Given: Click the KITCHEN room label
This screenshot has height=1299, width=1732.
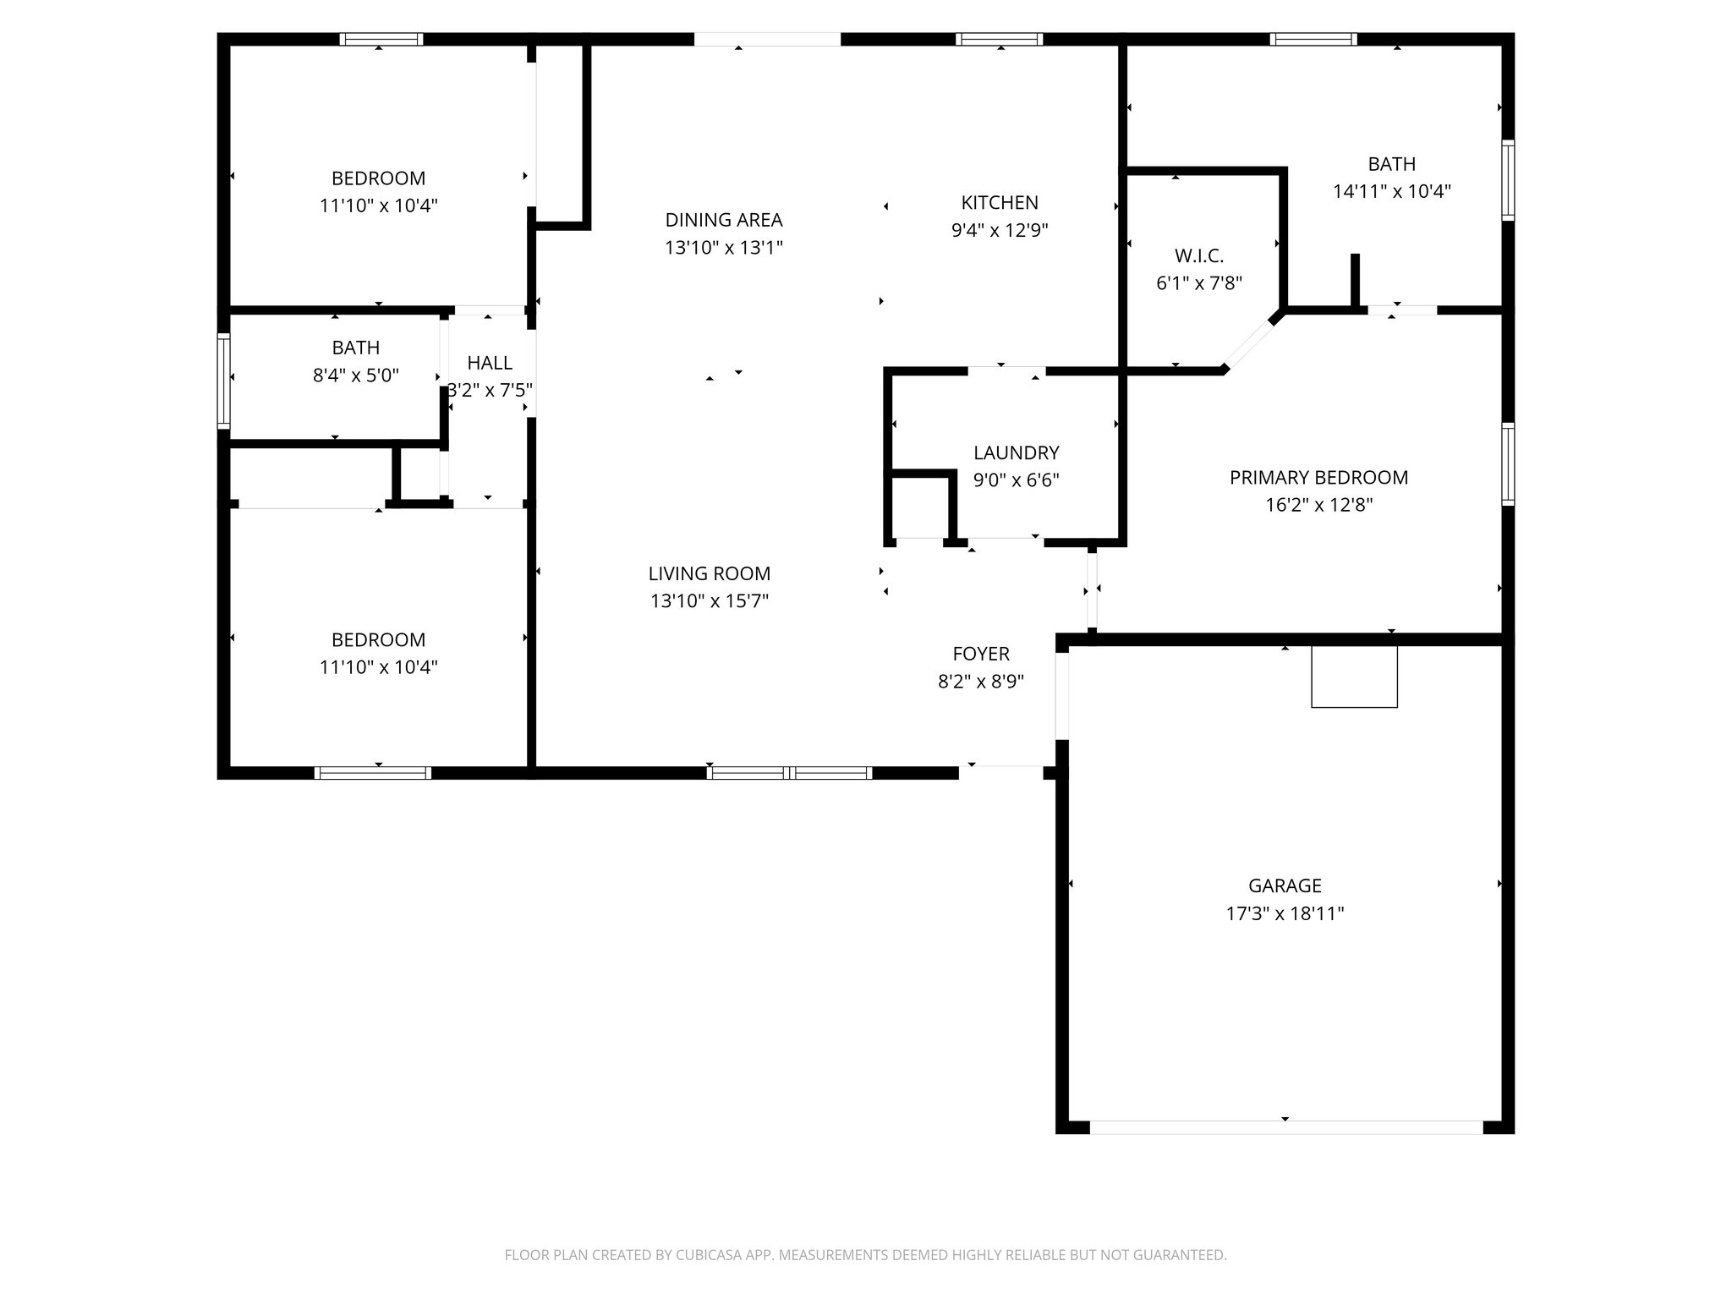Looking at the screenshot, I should tap(1000, 203).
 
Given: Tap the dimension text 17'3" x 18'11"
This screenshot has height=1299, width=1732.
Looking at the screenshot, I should tap(1285, 913).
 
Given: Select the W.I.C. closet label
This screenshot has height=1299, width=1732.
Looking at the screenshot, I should tap(1198, 255).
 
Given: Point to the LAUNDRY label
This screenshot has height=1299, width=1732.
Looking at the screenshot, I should tap(1016, 452).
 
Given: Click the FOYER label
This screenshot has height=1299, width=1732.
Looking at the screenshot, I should tap(981, 654).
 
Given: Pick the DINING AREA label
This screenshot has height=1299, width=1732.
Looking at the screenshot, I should tap(724, 220).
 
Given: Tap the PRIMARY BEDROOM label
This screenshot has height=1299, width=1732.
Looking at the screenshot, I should tap(1318, 478).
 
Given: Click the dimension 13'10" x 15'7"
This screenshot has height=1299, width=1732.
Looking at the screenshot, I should tap(709, 601).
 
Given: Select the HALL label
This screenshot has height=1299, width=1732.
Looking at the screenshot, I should tap(490, 363).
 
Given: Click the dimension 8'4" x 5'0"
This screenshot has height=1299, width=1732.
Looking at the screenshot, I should tap(355, 375).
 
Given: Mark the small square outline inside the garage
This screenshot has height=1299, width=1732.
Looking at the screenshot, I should tap(1354, 677).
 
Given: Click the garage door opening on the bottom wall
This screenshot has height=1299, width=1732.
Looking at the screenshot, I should tap(1285, 1127).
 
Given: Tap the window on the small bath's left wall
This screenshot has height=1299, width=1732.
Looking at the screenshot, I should tap(224, 380).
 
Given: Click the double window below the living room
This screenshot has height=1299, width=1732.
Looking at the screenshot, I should tap(790, 772).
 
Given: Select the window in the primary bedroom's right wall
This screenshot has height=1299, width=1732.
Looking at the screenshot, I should tap(1508, 464).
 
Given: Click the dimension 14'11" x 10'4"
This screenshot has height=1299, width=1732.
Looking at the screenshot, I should tap(1391, 192).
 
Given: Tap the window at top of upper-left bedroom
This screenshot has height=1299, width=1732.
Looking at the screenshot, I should tap(381, 39).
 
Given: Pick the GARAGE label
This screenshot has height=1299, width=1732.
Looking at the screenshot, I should tap(1285, 885).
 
